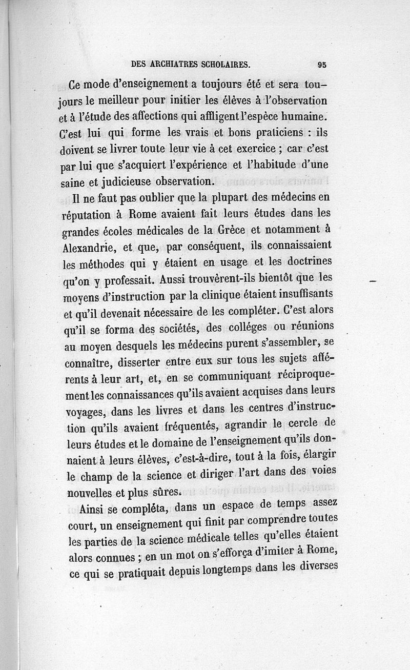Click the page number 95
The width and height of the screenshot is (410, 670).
click(322, 65)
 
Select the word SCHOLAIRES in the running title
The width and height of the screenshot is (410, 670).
click(226, 65)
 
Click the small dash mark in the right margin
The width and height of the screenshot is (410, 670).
click(373, 282)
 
